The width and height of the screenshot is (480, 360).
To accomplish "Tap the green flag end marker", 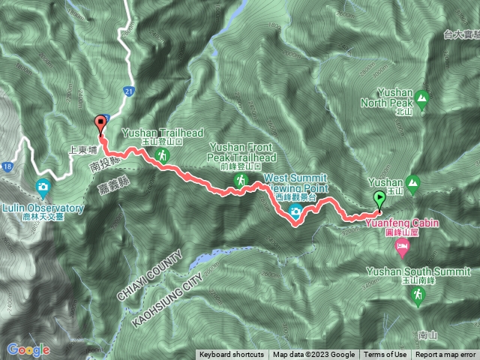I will pos(379,199).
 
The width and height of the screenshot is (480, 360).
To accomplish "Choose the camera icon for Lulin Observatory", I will pos(43,186).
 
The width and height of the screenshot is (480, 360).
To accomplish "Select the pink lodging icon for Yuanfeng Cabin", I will pos(403,244).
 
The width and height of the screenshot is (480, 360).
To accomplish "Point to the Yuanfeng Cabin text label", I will pos(403,222).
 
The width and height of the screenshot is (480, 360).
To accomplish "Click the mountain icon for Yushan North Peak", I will pos(422,97).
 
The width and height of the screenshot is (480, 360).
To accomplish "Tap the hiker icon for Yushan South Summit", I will pos(417,298).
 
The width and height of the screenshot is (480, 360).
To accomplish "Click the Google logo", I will pos(28,349).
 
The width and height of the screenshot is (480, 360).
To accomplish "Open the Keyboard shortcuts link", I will pos(232,355).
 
